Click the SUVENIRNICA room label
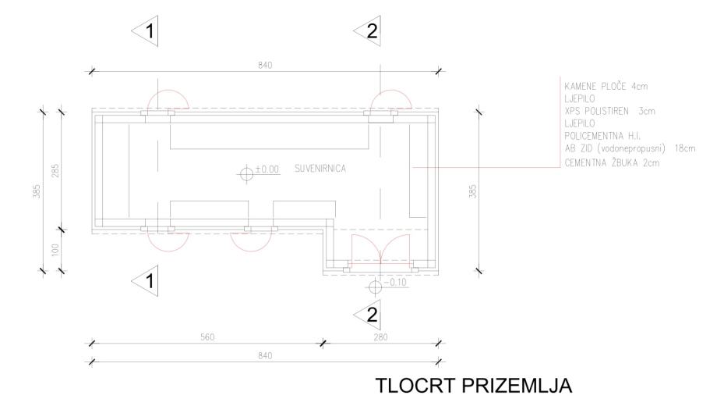320,169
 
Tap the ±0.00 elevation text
267,169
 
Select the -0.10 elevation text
395,282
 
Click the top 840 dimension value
265,65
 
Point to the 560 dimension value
207,337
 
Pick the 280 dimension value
380,337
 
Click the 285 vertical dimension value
55,171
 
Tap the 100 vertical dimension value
55,250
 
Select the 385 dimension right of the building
473,191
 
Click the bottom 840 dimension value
265,355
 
